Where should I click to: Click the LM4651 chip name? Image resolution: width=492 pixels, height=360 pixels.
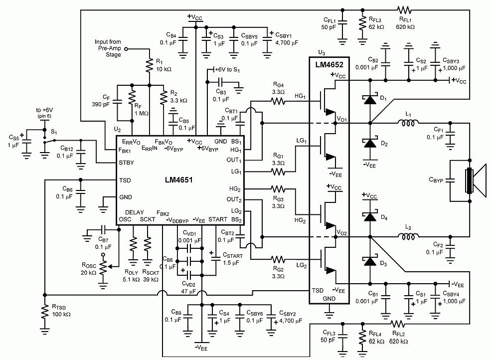[x=179, y=180]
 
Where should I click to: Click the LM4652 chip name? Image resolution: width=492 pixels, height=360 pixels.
[x=329, y=65]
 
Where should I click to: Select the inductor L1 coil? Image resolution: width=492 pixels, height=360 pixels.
[x=408, y=123]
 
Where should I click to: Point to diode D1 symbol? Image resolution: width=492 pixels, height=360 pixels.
[x=370, y=99]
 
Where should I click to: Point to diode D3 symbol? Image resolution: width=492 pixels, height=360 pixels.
[x=370, y=261]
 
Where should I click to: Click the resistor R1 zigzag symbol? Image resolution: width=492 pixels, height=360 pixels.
[x=150, y=65]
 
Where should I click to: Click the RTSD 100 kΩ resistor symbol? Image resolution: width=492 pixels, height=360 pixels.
[x=45, y=311]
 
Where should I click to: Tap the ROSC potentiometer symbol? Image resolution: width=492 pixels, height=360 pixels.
[x=103, y=266]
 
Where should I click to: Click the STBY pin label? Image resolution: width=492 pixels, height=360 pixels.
[x=127, y=163]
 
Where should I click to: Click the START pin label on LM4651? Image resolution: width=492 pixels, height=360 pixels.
[x=218, y=219]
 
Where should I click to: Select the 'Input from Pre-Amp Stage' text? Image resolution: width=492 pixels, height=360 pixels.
[x=108, y=48]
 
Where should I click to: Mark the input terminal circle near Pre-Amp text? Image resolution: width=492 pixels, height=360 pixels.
[x=127, y=49]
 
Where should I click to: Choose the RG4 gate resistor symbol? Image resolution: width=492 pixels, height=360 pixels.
[x=278, y=101]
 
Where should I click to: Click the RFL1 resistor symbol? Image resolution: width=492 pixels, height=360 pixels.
[x=404, y=10]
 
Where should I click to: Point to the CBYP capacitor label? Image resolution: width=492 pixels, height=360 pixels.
[x=436, y=180]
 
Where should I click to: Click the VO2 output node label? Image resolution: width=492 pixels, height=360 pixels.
[x=341, y=232]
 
